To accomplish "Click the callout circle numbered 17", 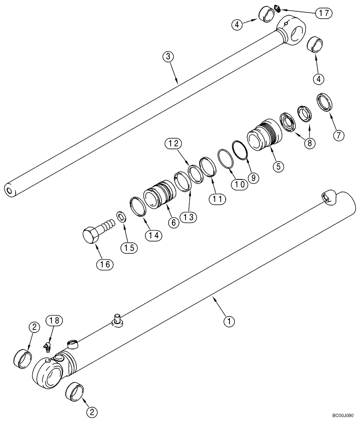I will coord(324,13).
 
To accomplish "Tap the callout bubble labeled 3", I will coord(168,57).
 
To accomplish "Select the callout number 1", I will coord(229,322).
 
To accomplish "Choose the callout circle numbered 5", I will coord(278,167).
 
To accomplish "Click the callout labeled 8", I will coord(309,143).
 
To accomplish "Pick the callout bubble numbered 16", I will coord(104,265).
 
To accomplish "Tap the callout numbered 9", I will coord(253,177).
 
